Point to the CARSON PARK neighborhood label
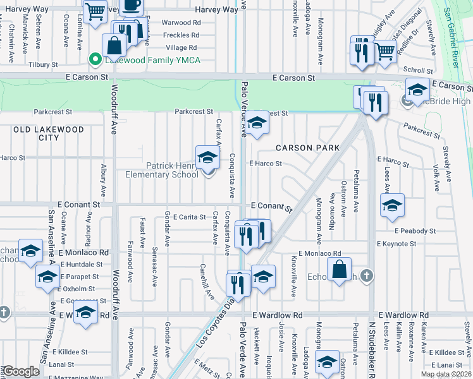pyautogui.click(x=308, y=148)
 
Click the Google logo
pyautogui.click(x=21, y=371)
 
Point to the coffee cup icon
pyautogui.click(x=131, y=6)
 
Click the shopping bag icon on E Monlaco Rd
pyautogui.click(x=340, y=269)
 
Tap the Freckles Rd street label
pyautogui.click(x=182, y=35)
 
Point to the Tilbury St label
pyautogui.click(x=42, y=64)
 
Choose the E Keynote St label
pyautogui.click(x=396, y=243)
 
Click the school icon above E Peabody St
pyautogui.click(x=392, y=205)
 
